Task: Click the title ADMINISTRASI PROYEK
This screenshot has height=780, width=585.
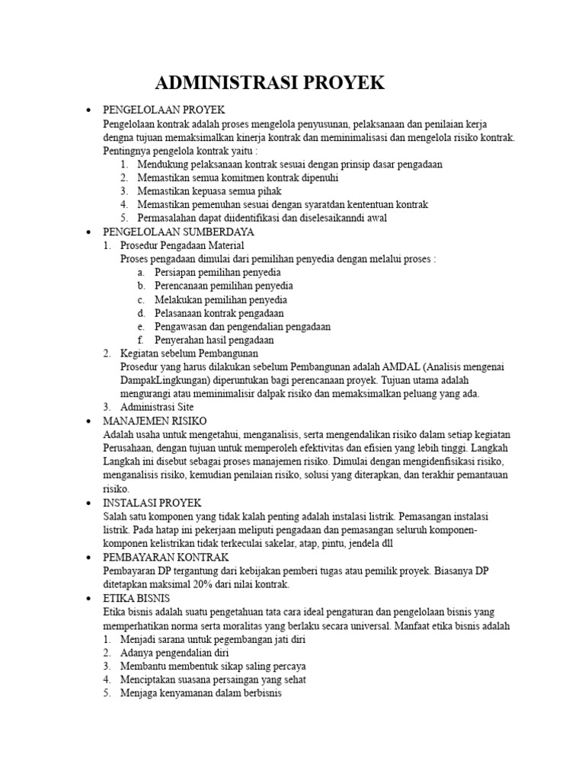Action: pos(270,83)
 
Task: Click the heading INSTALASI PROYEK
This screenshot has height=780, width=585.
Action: pos(152,503)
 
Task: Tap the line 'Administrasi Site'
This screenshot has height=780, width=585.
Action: pos(157,407)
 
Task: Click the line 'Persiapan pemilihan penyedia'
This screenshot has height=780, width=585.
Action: pos(218,272)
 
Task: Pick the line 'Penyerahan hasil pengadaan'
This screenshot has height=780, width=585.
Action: pos(216,340)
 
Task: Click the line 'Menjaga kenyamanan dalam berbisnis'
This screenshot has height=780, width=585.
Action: pos(201,694)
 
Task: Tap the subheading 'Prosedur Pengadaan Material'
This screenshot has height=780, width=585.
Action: pos(182,245)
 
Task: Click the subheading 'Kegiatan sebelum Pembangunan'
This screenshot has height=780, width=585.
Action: pos(189,353)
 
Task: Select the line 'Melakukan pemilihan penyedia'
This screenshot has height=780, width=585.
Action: pos(219,299)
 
